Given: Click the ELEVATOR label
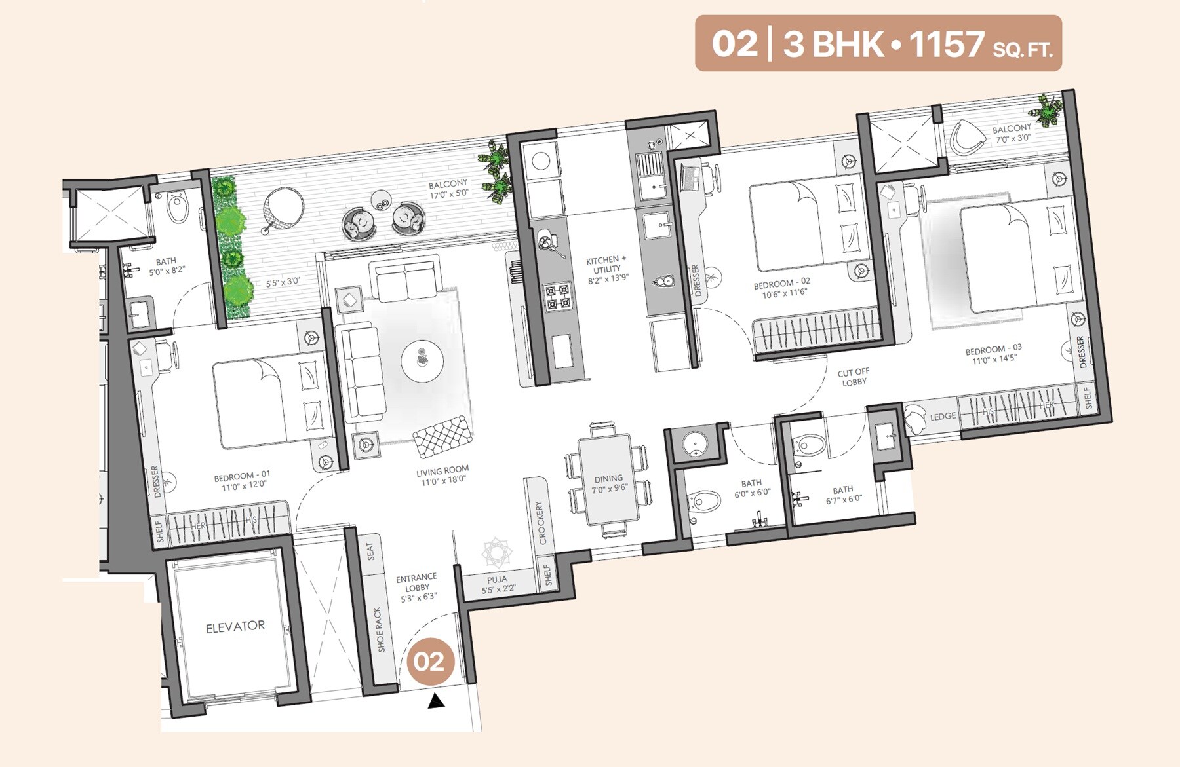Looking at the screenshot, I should (x=235, y=627).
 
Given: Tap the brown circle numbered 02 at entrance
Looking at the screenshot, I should (x=429, y=662).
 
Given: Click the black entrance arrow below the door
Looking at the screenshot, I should (x=436, y=702).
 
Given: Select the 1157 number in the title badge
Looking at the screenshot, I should (x=946, y=44).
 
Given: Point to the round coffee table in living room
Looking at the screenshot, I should (x=422, y=361).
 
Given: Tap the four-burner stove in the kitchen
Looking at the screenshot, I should (x=558, y=296).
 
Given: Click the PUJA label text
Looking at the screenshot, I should (x=497, y=580).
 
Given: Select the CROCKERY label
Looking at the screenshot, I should (x=541, y=523).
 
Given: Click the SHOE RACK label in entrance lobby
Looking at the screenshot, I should (x=378, y=629).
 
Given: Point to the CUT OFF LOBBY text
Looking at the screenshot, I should (x=854, y=377).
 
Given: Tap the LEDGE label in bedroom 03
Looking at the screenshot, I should (x=943, y=417).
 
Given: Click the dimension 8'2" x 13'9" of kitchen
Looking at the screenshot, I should (x=608, y=278).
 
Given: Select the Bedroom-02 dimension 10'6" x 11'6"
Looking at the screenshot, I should (x=784, y=294).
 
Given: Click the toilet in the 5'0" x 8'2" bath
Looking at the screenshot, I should (x=178, y=209).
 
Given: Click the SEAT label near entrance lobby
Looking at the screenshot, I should (x=370, y=551).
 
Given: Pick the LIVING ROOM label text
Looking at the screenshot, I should (x=442, y=470).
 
